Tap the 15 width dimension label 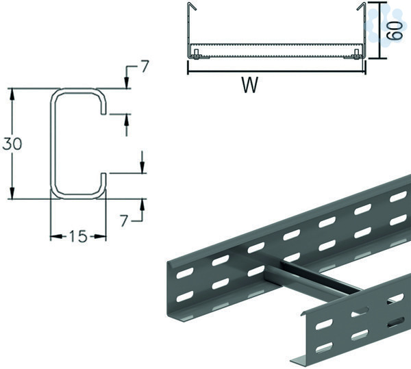click(x=79, y=238)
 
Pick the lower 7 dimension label click(x=125, y=220)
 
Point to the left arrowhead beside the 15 click(x=55, y=238)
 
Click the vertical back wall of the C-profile click(x=52, y=144)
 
